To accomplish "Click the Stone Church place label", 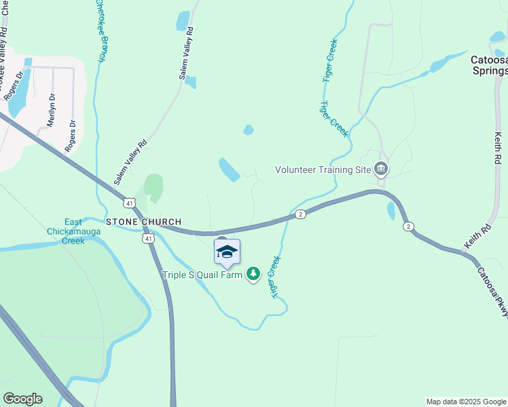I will [143, 222].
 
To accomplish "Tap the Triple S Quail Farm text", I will [203, 275].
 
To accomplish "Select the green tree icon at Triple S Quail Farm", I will [253, 274].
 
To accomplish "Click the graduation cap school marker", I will [227, 252].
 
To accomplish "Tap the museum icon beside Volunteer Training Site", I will [381, 169].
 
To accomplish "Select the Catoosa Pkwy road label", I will [491, 290].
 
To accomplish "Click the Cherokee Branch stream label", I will [100, 31].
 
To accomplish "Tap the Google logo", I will [22, 399].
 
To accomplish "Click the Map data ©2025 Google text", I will [465, 402].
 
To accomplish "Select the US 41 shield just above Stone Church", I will [130, 203].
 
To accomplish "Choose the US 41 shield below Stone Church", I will [149, 238].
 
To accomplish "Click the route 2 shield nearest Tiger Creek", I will [300, 214].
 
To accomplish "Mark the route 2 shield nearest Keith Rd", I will [407, 226].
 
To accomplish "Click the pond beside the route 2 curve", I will [391, 211].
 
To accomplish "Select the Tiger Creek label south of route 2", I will [275, 277].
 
